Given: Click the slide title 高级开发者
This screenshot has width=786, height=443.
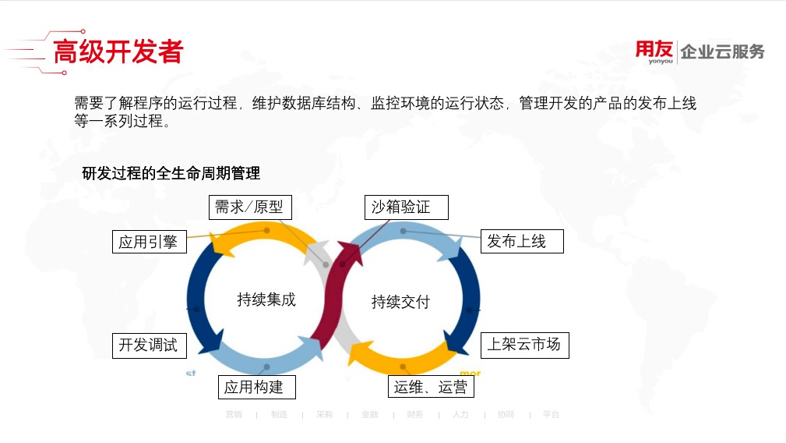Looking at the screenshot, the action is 118,51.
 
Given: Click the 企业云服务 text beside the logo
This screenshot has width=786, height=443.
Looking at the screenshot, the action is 722,52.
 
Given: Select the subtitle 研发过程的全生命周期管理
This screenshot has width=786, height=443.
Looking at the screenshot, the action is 171,173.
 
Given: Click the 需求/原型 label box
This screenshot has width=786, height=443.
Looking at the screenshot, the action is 248,207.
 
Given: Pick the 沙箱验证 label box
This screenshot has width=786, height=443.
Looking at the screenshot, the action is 407,207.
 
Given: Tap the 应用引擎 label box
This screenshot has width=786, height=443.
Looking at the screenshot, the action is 149,242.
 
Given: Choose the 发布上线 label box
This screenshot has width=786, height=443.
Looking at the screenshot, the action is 521,241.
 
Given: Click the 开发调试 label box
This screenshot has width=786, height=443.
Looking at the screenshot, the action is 149,345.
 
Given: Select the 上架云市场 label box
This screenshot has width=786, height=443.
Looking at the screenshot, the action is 523,344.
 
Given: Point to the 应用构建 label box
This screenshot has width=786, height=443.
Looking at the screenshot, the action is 255,387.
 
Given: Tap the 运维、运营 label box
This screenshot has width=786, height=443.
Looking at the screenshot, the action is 431,387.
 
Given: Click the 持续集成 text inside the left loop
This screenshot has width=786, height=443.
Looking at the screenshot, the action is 266,299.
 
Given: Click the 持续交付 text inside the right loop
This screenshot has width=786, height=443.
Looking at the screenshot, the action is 400,302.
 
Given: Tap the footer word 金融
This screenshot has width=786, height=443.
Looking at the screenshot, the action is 369,414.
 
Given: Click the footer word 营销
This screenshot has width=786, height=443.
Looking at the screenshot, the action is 234,414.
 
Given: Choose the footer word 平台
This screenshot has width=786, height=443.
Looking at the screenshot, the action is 551,414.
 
